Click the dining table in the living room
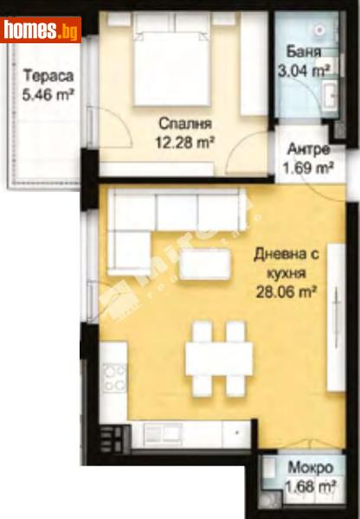click(x=219, y=356)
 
